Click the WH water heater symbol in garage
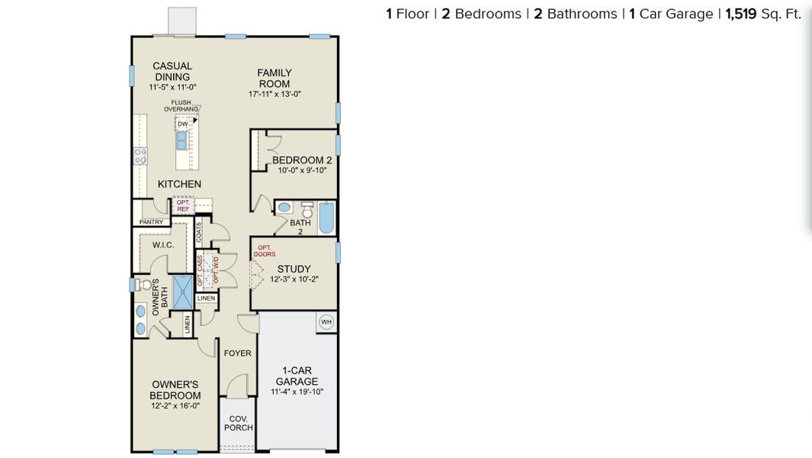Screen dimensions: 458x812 (326, 321)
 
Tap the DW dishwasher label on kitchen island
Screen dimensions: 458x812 (182, 124)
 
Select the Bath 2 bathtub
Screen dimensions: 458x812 (326, 217)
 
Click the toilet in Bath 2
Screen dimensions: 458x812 (307, 208)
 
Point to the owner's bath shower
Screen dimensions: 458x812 (183, 291)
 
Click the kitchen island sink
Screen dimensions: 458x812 (182, 140)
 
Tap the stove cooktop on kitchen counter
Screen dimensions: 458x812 (140, 156)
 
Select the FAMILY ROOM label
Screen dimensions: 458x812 (274, 78)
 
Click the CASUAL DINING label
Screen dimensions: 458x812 (172, 71)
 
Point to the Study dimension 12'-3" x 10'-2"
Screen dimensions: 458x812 (294, 279)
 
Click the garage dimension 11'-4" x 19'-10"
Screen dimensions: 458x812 (297, 392)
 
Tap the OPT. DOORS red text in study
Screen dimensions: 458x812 (265, 251)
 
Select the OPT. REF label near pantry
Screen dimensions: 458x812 (183, 205)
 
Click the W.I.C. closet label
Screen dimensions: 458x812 (163, 245)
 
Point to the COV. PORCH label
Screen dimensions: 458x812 (238, 423)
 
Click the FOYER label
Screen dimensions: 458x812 (237, 353)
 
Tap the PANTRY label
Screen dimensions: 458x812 (151, 222)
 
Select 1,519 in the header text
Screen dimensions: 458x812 (740, 14)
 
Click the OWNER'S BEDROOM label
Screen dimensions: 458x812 (176, 389)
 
